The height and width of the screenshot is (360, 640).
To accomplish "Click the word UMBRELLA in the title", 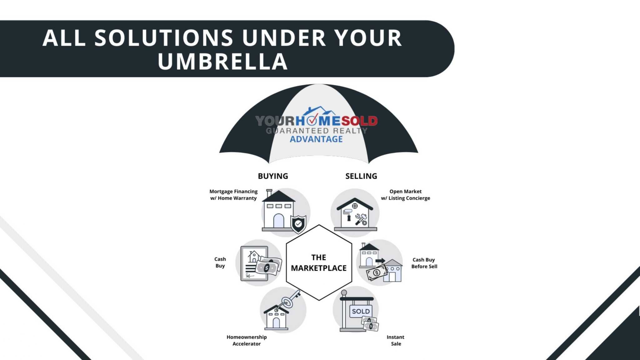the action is point(222,61).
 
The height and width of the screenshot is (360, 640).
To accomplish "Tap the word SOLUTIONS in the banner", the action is point(164,38).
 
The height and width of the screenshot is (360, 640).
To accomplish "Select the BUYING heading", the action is point(273,176).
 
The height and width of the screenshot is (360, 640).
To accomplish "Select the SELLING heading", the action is point(361,176).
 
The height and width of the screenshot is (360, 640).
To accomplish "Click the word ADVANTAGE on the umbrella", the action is point(316,139).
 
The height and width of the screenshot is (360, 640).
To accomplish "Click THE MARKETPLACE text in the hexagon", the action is point(319,262).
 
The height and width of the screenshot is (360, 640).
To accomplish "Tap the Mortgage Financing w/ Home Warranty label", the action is point(233,195).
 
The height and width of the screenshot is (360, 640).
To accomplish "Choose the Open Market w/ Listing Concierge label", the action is point(405,195).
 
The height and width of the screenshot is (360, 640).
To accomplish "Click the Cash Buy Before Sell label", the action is point(424,263).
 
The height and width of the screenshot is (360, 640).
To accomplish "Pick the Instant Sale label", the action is point(396,340).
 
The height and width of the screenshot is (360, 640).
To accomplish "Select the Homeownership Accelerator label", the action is point(247,340).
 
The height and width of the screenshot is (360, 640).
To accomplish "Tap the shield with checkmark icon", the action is point(298,224).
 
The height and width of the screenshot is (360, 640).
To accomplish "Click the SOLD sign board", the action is point(361,311).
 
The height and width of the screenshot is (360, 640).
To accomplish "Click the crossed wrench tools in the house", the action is point(361,219).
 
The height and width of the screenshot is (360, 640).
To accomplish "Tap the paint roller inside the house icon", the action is point(348,214).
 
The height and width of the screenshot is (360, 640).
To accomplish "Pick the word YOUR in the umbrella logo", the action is point(275,121).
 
